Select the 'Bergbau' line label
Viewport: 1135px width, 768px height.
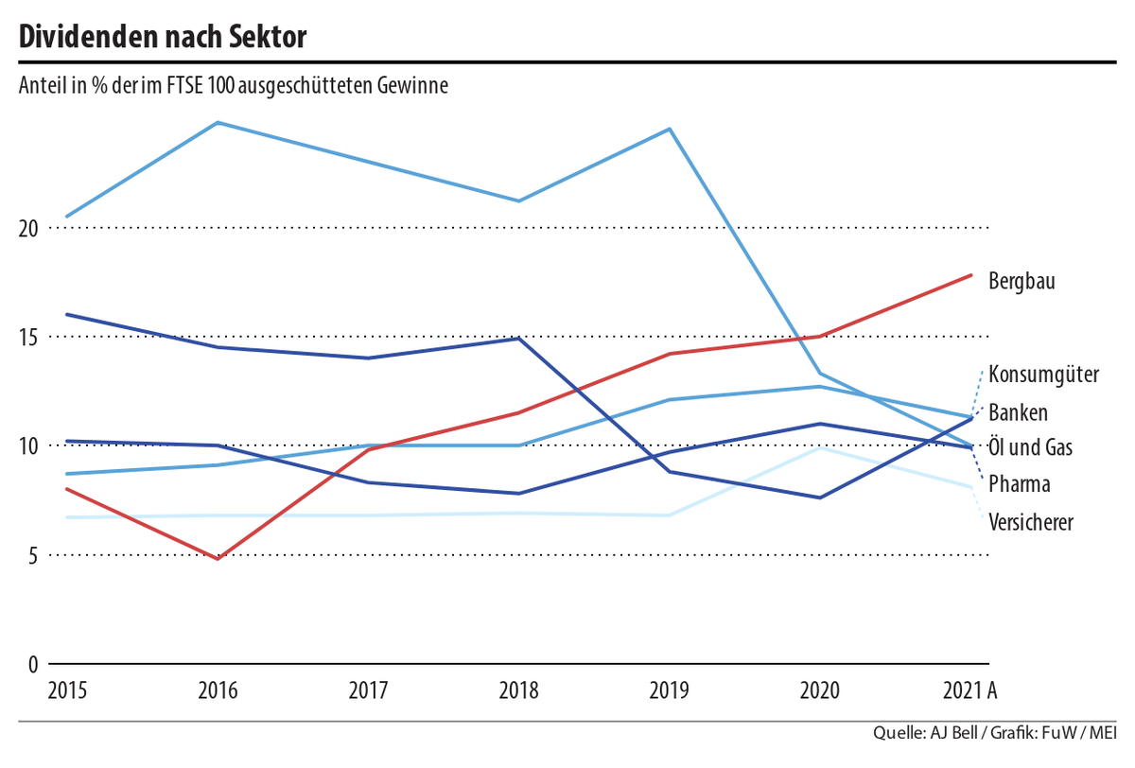pos(1021,281)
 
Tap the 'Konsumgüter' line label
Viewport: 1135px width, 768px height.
pos(1043,375)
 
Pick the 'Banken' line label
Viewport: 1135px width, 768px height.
pos(1018,412)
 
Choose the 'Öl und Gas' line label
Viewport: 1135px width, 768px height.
pos(1030,447)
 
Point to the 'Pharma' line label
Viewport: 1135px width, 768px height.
pos(1019,484)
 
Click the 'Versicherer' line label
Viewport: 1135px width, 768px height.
pos(1030,522)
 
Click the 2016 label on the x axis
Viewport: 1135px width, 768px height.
pos(218,691)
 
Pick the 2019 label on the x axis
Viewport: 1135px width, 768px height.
pos(670,691)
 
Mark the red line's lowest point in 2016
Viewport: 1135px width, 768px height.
pos(218,559)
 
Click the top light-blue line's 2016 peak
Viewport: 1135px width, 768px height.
pos(218,122)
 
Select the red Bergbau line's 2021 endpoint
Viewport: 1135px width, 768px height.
pos(971,275)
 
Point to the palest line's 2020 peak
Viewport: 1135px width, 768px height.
pos(820,447)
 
